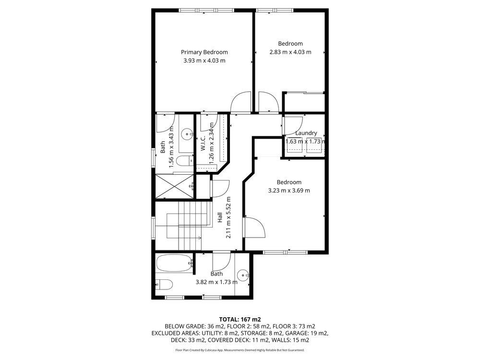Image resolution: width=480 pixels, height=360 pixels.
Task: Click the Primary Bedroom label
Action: tap(204, 52)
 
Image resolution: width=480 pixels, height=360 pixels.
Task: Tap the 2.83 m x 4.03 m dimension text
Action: tap(290, 52)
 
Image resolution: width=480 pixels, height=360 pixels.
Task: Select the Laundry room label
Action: tap(306, 133)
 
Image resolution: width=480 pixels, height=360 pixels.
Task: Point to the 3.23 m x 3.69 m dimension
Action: tap(289, 191)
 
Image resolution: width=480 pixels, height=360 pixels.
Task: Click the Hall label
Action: tap(220, 217)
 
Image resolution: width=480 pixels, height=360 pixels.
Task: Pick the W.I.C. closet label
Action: tap(203, 144)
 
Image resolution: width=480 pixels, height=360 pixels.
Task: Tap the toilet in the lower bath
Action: tap(164, 285)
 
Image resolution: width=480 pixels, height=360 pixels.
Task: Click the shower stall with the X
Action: tap(175, 186)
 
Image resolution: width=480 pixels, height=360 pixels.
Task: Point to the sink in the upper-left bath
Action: tap(186, 134)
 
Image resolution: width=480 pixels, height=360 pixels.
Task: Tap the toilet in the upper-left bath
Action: tap(185, 160)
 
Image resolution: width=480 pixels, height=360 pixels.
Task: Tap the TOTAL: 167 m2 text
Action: tap(240, 320)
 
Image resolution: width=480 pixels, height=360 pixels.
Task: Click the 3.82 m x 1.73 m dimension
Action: tap(216, 282)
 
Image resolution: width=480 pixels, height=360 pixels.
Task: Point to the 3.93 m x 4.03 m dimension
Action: tap(204, 60)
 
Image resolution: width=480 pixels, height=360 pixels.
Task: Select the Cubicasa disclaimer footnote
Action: tap(240, 350)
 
